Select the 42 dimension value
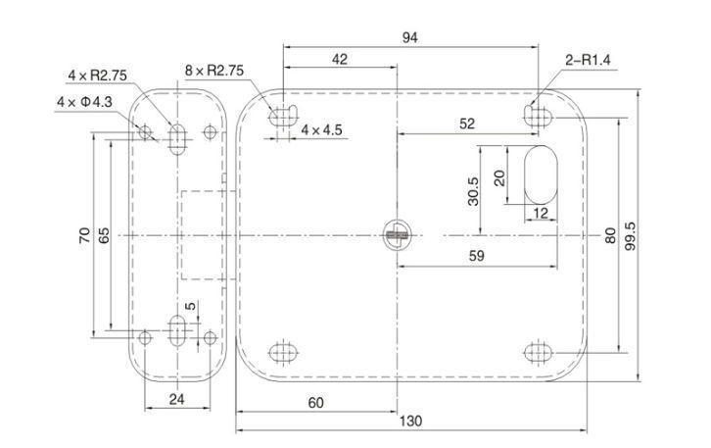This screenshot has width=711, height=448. [x=340, y=59]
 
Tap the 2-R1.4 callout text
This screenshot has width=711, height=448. [x=589, y=60]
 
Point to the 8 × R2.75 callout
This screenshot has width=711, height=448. [x=213, y=71]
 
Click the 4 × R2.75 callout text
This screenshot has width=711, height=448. [x=97, y=75]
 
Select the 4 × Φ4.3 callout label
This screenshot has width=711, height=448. [x=85, y=102]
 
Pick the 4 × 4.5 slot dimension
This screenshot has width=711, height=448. [x=321, y=129]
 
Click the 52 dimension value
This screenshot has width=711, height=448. [x=466, y=124]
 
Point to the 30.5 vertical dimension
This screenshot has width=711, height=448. [x=472, y=190]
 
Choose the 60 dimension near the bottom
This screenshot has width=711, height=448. [x=316, y=403]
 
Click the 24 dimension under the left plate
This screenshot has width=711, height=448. [x=176, y=398]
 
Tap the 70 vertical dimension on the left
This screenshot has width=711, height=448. [x=84, y=235]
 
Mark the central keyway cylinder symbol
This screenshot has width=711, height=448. [x=398, y=235]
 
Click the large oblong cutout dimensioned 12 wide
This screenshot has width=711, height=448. [x=541, y=176]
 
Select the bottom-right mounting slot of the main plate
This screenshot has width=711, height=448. [x=538, y=352]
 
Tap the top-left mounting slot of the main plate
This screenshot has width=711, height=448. [x=283, y=115]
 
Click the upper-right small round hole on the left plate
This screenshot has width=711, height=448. [x=209, y=131]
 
